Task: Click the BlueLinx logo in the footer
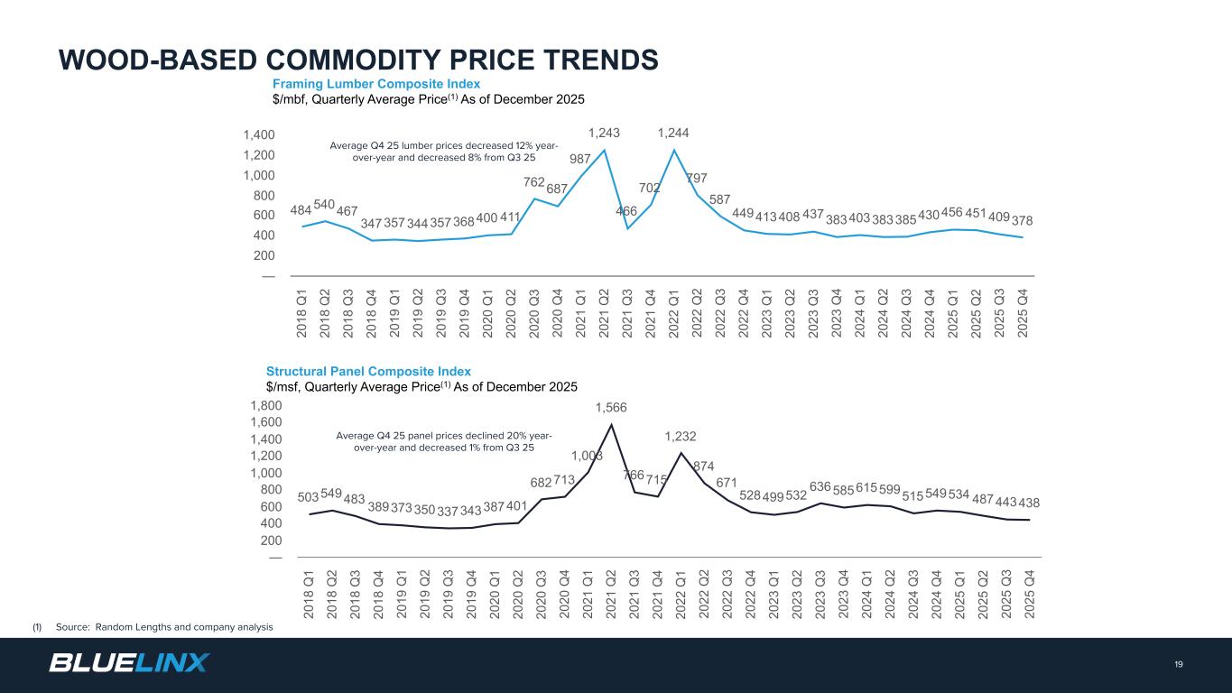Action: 128,662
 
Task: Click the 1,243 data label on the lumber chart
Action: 605,133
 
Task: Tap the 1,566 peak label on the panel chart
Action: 611,408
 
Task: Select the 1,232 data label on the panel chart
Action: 681,436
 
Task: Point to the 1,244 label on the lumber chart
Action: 673,133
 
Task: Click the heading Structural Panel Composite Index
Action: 368,371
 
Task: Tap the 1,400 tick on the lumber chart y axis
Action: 258,135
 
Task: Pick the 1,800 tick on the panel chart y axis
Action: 266,406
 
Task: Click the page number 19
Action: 1179,665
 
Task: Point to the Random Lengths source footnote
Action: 163,627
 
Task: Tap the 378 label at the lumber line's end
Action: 1023,220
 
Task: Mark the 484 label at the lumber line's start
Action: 301,210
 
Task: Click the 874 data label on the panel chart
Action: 704,466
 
